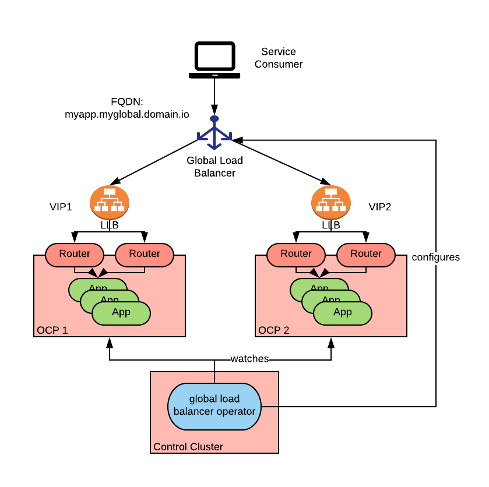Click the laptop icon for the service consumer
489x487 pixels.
[x=214, y=60]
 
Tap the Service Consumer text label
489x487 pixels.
[x=279, y=58]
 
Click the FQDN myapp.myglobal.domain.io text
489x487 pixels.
[x=126, y=108]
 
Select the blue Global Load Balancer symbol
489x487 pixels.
[x=214, y=133]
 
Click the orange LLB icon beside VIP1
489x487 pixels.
[x=110, y=202]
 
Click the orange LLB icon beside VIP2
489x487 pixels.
[x=331, y=202]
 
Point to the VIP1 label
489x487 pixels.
[x=61, y=207]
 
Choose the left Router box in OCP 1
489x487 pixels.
[x=75, y=254]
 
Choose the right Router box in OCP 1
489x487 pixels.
[x=145, y=254]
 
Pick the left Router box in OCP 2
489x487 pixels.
[x=296, y=254]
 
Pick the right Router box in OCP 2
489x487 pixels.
[x=366, y=254]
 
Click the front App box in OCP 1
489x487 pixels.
[x=121, y=312]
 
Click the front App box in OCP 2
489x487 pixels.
[x=343, y=312]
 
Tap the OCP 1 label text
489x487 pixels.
[x=52, y=330]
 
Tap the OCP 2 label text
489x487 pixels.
[x=274, y=330]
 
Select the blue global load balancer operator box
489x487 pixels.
[x=214, y=405]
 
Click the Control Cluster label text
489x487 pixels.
[x=188, y=447]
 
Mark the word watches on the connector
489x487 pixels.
[x=249, y=359]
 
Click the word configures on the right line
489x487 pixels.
[x=436, y=257]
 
